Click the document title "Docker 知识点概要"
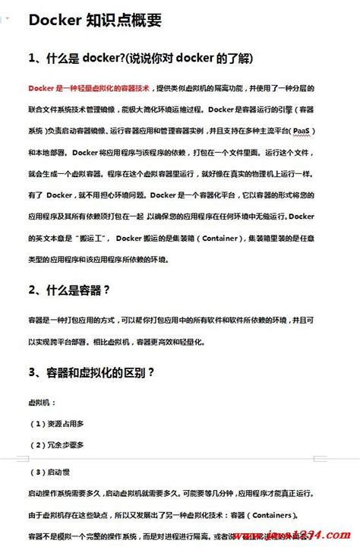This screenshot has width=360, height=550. pos(95,21)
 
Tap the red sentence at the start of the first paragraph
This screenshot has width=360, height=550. pos(88,87)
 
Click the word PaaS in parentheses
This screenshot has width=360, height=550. pos(324,131)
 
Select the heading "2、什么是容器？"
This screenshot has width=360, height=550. pos(70,289)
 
